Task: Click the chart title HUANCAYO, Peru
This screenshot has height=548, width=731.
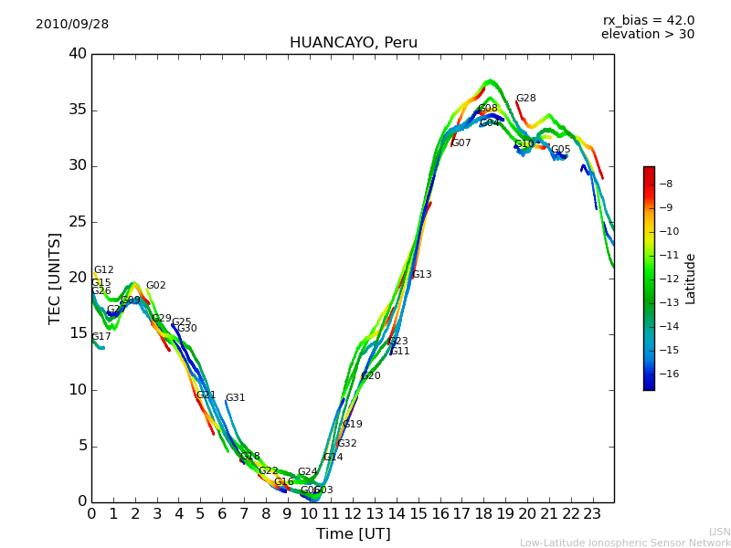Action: pos(353,43)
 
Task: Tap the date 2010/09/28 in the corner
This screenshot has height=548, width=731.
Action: pos(72,25)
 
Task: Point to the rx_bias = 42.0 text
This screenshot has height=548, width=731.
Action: pos(648,20)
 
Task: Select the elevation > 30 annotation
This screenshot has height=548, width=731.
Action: pos(647,35)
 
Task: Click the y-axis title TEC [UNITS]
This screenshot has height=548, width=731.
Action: pos(56,278)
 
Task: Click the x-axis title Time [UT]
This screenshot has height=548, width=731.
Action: pos(353,533)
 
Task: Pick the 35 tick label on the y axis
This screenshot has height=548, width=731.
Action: pos(78,110)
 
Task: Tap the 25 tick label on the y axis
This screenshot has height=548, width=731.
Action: pos(78,222)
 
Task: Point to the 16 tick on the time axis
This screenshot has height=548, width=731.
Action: pos(440,513)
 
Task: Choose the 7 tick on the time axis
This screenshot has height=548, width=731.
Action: pos(244,513)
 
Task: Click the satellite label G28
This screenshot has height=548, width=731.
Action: pos(525,99)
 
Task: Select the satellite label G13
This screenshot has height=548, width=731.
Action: pos(421,275)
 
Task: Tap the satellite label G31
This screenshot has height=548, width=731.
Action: pos(235,398)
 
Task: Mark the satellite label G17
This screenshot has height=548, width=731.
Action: pos(101,337)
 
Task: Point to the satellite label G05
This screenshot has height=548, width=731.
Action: pos(560,150)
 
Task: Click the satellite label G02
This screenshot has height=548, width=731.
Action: pos(155,286)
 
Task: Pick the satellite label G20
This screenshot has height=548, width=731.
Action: pos(370,376)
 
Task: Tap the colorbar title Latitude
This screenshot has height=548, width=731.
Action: pos(691,278)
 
